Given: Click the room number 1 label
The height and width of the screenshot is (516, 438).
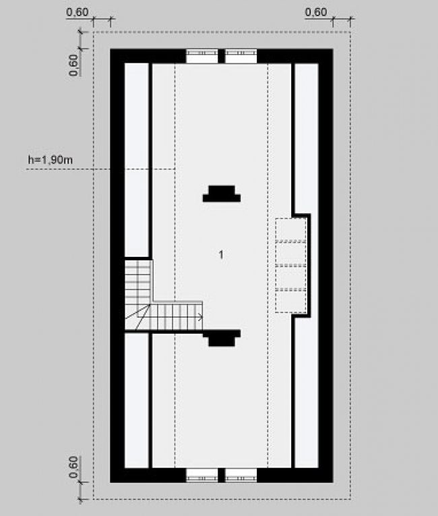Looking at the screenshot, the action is click(221, 254).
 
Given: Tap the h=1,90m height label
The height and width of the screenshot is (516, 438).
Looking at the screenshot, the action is click(51, 160).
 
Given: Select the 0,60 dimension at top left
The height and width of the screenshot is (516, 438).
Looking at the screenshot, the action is click(77, 12).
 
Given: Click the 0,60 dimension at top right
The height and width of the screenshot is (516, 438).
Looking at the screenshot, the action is click(316, 12).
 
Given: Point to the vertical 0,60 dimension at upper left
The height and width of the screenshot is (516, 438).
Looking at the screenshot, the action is click(73, 65).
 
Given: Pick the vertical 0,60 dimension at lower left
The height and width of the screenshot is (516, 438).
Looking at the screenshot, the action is click(73, 467).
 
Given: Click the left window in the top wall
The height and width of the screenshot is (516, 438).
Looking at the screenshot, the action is click(202, 56).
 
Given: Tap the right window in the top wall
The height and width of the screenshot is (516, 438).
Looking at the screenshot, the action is click(241, 56).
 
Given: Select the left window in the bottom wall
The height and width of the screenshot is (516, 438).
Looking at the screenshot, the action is click(202, 476).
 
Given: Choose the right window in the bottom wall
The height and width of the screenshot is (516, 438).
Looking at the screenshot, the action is click(241, 476).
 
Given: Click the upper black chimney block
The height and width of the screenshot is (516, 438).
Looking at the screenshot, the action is click(222, 194).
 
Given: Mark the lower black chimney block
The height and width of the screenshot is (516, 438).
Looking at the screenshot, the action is click(222, 339).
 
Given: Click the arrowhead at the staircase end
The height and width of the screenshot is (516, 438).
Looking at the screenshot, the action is click(200, 317).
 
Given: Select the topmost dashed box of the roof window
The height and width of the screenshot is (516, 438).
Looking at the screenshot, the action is click(290, 230).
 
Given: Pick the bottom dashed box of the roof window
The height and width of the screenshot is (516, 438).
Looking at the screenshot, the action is click(290, 301).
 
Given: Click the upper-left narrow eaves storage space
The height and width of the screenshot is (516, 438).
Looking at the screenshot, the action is click(137, 160).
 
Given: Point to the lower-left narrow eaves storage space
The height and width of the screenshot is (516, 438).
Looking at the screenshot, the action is click(137, 401).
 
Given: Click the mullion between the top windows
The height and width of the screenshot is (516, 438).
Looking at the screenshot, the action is click(222, 56).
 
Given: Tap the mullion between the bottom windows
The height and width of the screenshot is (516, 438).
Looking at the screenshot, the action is click(222, 476).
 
